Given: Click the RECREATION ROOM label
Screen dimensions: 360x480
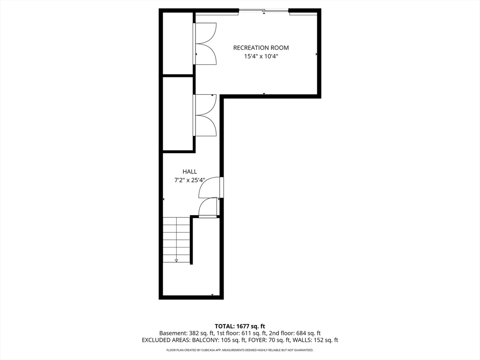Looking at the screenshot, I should coord(261,48).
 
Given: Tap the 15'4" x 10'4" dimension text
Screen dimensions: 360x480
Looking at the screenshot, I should coord(261,56).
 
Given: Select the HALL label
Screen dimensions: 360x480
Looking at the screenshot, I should coord(190,172).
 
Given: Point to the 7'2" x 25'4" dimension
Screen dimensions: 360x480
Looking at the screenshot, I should coord(190,180).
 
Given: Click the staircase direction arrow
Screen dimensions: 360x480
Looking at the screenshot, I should coord(176,260).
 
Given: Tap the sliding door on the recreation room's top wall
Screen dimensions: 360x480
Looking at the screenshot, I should coord(264,11).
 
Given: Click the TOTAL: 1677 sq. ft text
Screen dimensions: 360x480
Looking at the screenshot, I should coord(240,326).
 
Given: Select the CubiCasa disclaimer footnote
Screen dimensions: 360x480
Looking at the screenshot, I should coord(240,350).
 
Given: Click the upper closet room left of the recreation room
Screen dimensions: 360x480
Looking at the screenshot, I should coord(178,43).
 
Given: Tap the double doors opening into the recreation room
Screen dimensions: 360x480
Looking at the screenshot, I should coord(205,44).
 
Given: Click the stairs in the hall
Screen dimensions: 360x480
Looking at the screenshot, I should coord(176,240).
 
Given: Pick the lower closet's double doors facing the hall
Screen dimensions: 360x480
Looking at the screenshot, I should coord(205,115).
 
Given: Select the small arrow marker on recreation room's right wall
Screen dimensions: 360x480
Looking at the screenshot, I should coord(316,54).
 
